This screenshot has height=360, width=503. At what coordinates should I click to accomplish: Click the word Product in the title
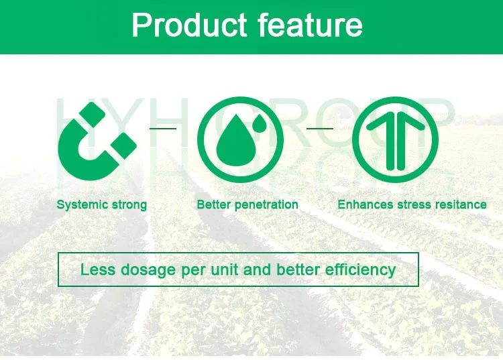[189, 25]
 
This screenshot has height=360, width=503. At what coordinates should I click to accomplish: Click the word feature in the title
[311, 25]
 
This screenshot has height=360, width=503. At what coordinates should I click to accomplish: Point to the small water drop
[260, 124]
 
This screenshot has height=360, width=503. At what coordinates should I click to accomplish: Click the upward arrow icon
[396, 139]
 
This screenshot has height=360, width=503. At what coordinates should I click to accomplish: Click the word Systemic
[82, 205]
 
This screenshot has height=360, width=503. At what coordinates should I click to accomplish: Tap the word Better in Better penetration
[213, 204]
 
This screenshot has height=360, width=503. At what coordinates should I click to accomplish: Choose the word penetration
[265, 205]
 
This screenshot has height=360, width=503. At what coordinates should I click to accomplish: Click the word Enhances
[366, 204]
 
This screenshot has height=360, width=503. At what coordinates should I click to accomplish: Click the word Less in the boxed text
[97, 269]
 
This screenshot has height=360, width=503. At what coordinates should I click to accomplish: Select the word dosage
[148, 271]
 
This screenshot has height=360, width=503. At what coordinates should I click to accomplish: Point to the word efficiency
[360, 270]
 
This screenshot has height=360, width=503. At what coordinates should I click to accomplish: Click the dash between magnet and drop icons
[163, 129]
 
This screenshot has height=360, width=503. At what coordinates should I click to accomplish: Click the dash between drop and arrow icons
[320, 129]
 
